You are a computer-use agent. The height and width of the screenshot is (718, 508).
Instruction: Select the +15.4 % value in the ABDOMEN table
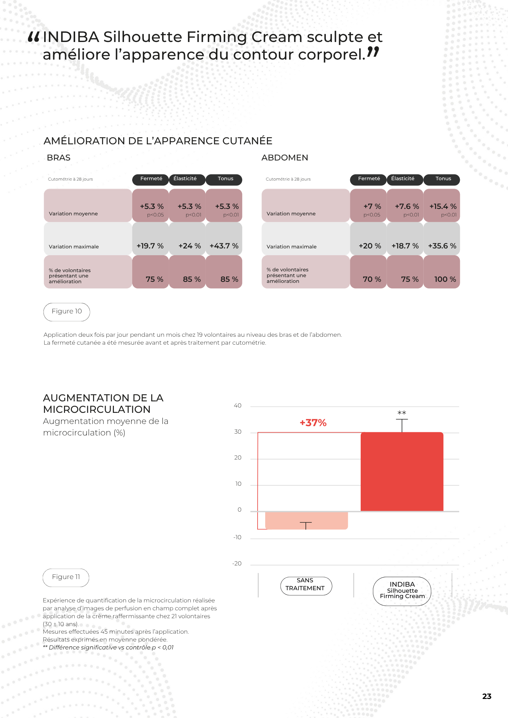(x=443, y=206)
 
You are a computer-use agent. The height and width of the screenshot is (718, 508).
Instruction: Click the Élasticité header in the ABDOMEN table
(x=403, y=179)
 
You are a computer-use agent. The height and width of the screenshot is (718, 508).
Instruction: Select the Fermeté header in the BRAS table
(x=151, y=179)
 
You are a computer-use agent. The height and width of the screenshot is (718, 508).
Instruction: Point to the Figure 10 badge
(x=67, y=312)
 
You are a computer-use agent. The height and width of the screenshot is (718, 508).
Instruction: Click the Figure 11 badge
(x=66, y=577)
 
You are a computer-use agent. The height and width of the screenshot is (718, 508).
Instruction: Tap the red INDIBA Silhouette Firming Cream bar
(x=402, y=472)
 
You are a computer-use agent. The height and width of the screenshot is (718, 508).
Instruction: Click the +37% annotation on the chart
(x=313, y=423)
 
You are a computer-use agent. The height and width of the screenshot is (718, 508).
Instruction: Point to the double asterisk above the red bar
(x=402, y=413)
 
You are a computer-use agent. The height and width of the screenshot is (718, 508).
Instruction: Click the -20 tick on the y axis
(x=237, y=564)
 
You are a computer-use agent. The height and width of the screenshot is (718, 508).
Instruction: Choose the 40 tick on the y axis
(x=237, y=406)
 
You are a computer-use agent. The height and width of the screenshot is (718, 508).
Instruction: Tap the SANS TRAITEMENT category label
(x=306, y=585)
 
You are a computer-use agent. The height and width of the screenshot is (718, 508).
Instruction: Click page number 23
(x=487, y=696)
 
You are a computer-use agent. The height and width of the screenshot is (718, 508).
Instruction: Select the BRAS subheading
(x=59, y=158)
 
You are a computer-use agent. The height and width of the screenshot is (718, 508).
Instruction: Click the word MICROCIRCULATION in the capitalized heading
(x=97, y=410)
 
